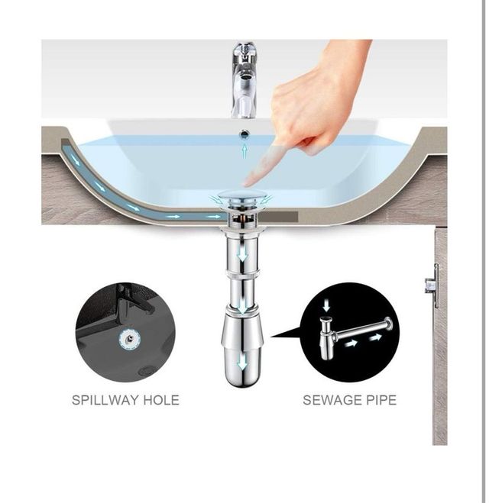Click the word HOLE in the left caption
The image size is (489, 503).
tap(160, 400)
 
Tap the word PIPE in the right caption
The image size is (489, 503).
tap(382, 400)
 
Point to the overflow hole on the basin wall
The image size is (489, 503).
tap(244, 134)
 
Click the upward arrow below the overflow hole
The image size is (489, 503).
tap(244, 151)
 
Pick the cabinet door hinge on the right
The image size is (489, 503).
tap(433, 285)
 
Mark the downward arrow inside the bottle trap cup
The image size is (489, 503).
tap(242, 363)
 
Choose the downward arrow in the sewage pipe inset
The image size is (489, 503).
tap(326, 306)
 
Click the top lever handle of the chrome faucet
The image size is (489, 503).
tap(244, 51)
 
